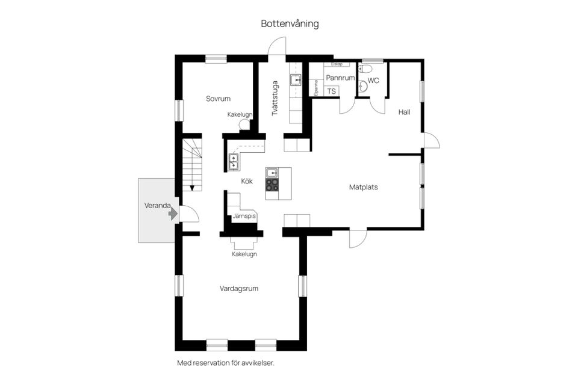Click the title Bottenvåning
[290, 24]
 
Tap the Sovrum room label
[218, 99]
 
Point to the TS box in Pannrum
[331, 91]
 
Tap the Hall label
[404, 112]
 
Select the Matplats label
[363, 187]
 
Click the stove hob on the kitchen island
[273, 185]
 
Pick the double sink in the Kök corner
[234, 161]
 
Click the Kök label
[247, 180]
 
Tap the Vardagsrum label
[239, 289]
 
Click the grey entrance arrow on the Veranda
[173, 213]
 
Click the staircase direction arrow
[191, 186]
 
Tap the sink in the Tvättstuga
[296, 80]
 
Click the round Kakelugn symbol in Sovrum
[244, 125]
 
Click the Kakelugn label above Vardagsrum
[244, 254]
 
